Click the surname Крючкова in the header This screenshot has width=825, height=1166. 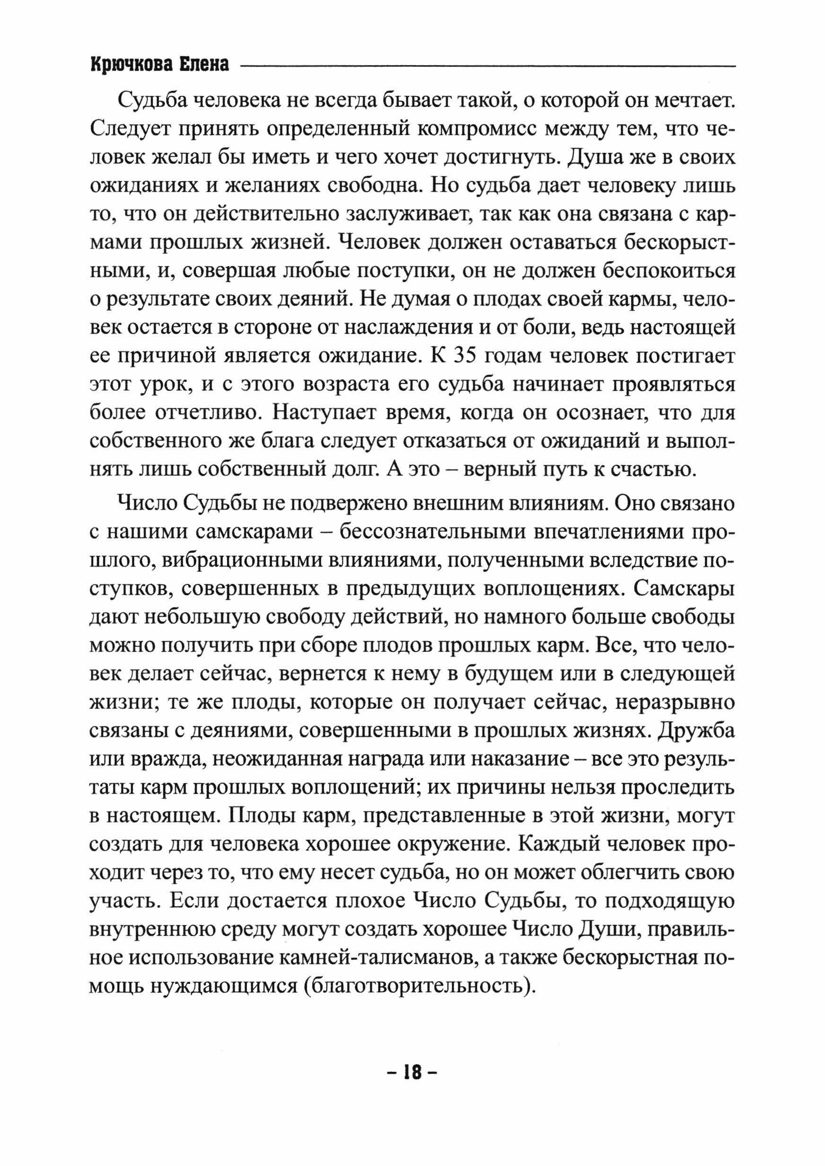(129, 65)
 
